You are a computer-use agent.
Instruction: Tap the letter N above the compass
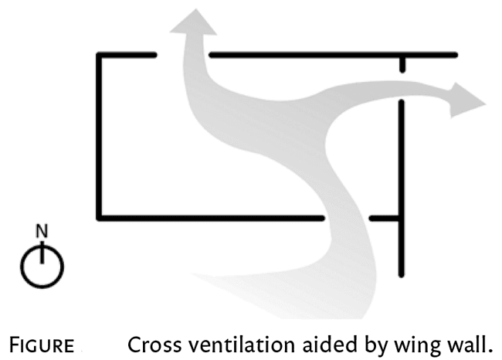coord(42,230)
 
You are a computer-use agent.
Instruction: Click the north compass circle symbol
coord(42,265)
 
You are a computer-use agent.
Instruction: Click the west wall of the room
coord(99,135)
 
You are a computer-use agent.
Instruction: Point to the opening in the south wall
coord(345,218)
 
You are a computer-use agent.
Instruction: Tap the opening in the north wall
coord(183,54)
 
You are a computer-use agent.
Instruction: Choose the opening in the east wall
coord(402,87)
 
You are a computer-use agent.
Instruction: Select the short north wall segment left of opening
coord(127,54)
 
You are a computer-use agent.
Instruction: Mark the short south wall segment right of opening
coord(385,218)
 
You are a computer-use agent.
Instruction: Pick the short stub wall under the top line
coord(402,64)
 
